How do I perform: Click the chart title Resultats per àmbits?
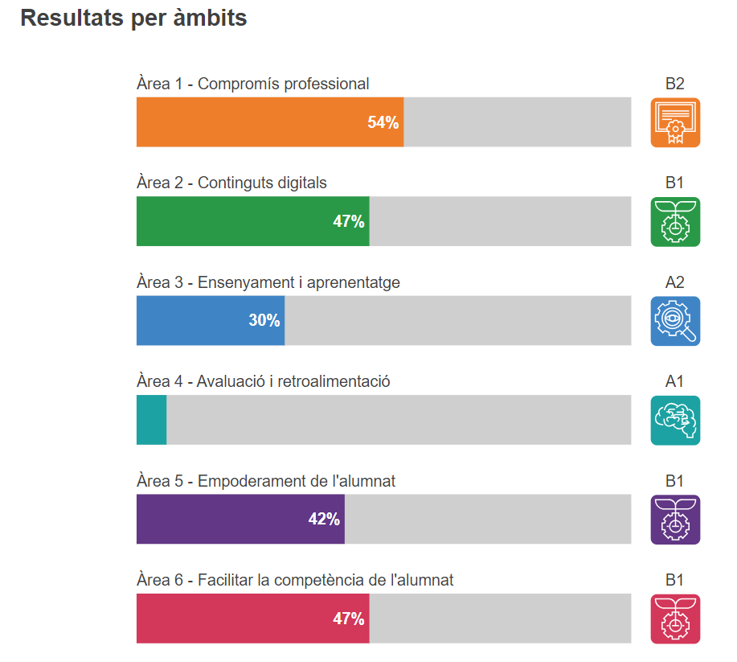tap(133, 19)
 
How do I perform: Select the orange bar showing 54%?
tap(269, 122)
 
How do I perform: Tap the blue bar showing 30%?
tap(211, 321)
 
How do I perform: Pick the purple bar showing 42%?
tap(240, 520)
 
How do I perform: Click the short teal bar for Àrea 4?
tap(151, 420)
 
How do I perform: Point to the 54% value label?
tap(383, 123)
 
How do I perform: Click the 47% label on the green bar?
tap(349, 222)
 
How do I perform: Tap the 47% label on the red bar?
tap(349, 619)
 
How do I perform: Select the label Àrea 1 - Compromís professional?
tap(253, 84)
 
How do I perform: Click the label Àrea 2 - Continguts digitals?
tap(231, 183)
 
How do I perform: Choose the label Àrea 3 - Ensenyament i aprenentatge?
tap(268, 282)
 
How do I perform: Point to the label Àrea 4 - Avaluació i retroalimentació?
tap(264, 381)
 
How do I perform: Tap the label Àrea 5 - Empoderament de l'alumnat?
tap(266, 481)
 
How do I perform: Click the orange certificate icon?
tap(675, 122)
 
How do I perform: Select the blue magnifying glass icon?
tap(675, 321)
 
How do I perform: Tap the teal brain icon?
tap(675, 420)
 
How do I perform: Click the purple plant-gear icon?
tap(675, 520)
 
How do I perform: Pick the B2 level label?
tap(674, 84)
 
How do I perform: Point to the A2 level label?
tap(674, 282)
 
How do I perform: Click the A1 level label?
tap(674, 381)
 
